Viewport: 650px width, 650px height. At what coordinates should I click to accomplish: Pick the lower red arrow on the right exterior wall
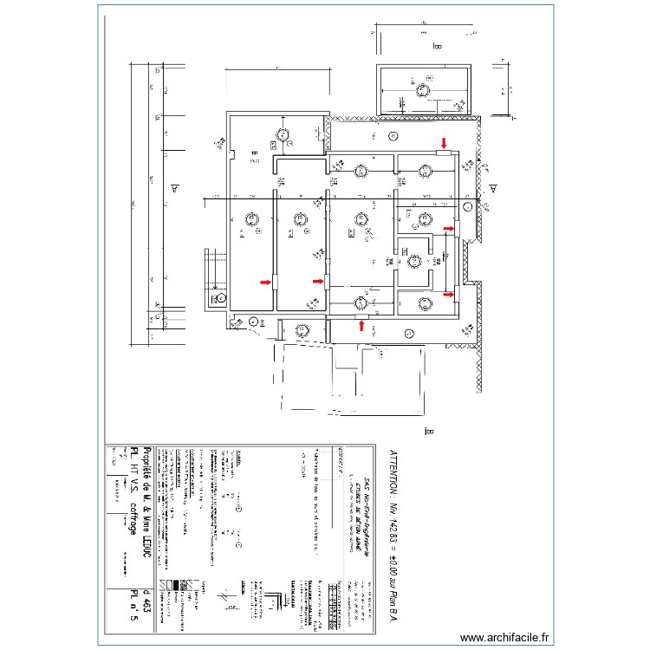tap(448, 294)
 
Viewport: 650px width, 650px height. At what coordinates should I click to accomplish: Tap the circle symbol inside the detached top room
tap(424, 89)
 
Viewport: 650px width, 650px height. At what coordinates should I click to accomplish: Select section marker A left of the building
tap(174, 187)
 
